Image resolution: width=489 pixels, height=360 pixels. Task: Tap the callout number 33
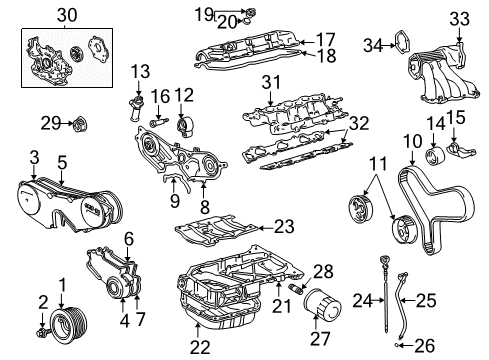pyautogui.click(x=459, y=18)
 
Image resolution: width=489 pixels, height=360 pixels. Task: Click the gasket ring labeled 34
pyautogui.click(x=400, y=46)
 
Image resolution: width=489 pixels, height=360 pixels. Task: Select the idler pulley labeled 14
pyautogui.click(x=435, y=159)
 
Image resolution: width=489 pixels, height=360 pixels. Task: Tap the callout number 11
pyautogui.click(x=376, y=162)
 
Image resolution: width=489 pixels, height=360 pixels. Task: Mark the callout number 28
pyautogui.click(x=321, y=272)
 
